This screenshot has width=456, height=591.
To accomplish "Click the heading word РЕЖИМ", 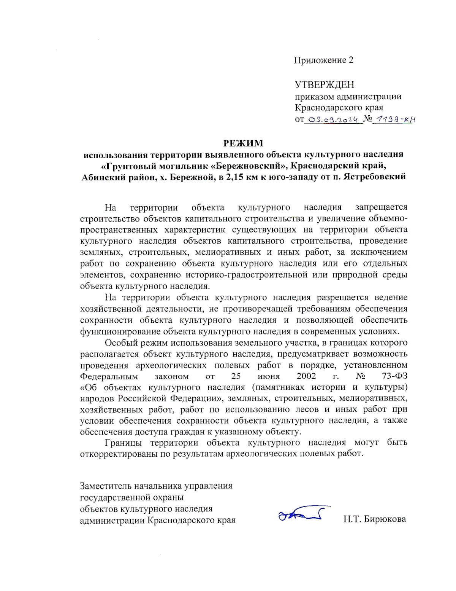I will (243, 143).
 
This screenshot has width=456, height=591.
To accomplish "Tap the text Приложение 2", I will (323, 60).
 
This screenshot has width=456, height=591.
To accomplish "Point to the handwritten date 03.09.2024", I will (332, 119).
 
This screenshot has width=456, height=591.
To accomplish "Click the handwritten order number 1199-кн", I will (394, 119).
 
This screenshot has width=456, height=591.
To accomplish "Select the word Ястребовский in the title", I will (374, 177).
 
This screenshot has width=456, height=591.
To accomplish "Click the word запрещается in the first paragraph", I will (381, 207).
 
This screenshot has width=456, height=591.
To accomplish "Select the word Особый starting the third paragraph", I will (121, 343).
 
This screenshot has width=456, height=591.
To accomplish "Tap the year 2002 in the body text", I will (306, 376).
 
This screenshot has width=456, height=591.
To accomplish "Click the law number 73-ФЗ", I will (394, 376).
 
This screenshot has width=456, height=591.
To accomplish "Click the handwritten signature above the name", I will (303, 514).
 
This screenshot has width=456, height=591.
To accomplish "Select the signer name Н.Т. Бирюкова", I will (374, 519).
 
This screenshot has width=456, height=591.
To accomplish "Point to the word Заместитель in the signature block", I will (105, 486).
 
